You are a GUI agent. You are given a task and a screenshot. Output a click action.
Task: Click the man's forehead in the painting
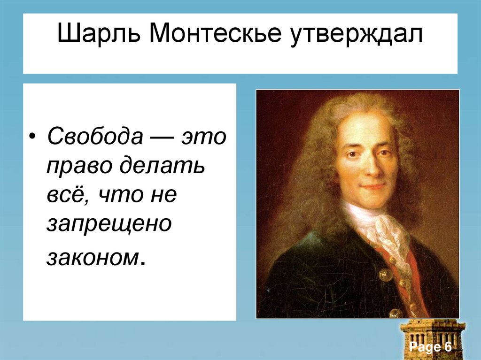pyautogui.click(x=362, y=127)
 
